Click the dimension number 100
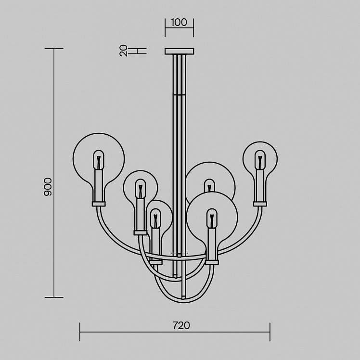click(x=179, y=23)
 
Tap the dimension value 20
click(x=124, y=51)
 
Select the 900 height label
click(x=48, y=187)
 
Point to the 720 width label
click(x=181, y=325)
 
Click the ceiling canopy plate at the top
click(x=180, y=51)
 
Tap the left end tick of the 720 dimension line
click(x=80, y=332)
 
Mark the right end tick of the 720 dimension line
click(x=270, y=332)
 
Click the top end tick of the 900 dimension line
click(x=54, y=49)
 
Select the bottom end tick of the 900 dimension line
click(x=54, y=297)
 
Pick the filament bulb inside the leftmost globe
click(x=99, y=160)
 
